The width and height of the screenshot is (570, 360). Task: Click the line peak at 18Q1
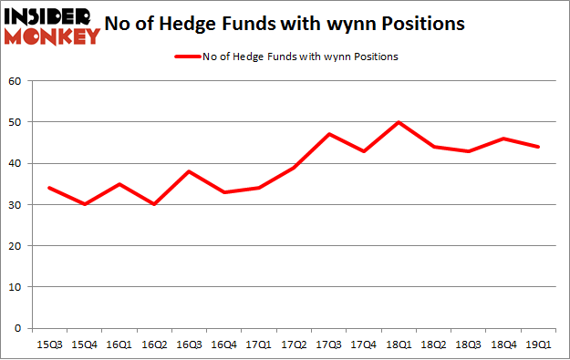[x=399, y=122]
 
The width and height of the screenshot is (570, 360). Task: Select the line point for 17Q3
[x=328, y=134]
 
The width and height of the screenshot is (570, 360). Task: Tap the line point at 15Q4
[x=84, y=204]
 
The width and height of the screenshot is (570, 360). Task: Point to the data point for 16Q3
[x=189, y=171]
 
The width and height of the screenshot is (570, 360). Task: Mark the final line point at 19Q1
[x=538, y=147]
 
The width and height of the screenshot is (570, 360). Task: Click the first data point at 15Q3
[x=49, y=188]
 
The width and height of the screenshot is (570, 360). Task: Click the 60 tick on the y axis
[x=16, y=81]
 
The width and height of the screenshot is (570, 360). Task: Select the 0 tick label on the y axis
[x=19, y=328]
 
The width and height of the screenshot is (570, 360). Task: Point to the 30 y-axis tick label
[x=16, y=205]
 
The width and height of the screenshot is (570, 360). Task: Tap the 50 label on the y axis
[x=16, y=122]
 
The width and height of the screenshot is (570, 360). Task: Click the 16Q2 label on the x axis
[x=154, y=345]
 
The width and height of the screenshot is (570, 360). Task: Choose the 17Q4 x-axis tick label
[x=363, y=345]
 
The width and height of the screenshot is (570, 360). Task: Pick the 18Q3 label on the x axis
[x=468, y=345]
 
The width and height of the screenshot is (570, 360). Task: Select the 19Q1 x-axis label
[x=538, y=345]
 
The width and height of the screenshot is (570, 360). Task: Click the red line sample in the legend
[x=190, y=57]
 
